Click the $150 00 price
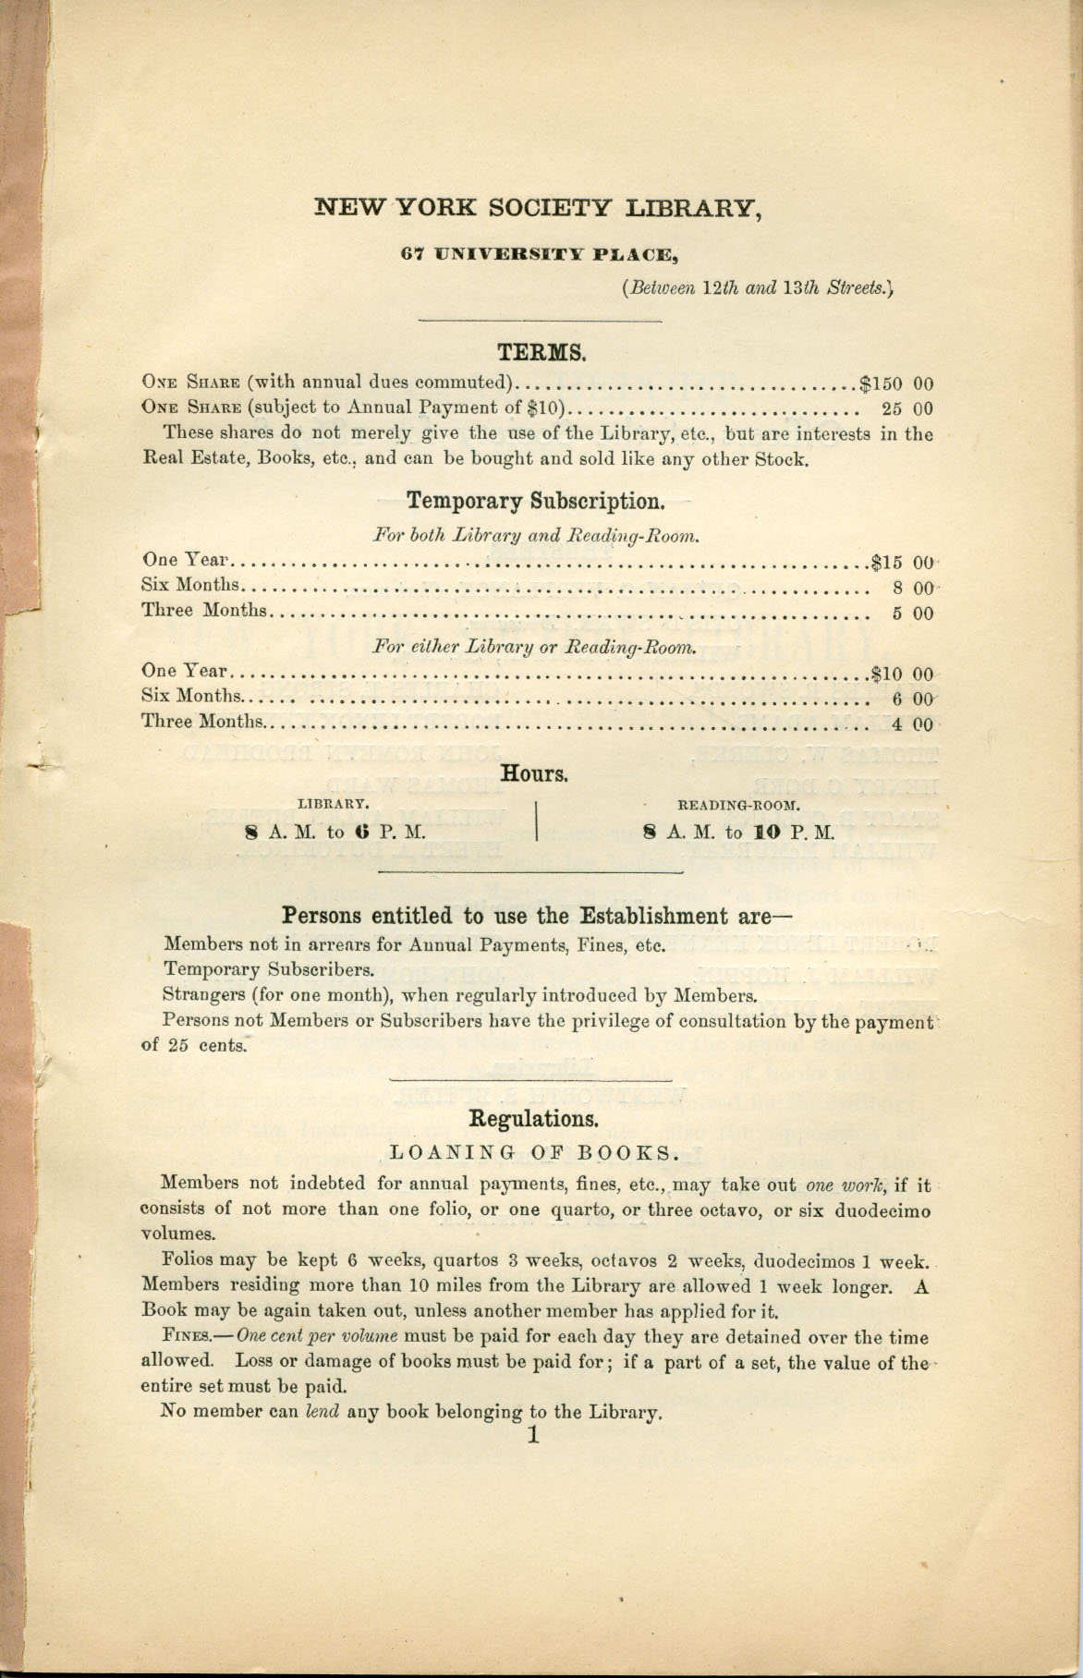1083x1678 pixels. (x=896, y=383)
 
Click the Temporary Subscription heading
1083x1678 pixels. (x=535, y=502)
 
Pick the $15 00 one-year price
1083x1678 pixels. (x=903, y=561)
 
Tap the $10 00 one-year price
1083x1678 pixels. (x=901, y=675)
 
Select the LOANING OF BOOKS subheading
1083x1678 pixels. (x=535, y=1152)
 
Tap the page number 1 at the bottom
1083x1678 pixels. (x=532, y=1435)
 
